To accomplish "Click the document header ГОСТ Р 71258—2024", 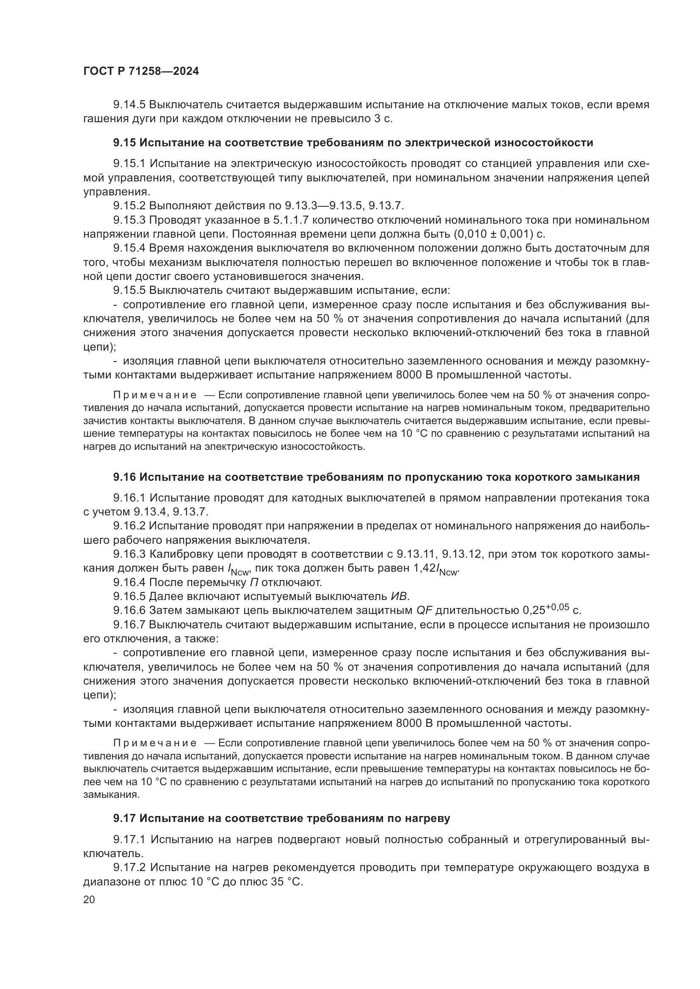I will point(141,71).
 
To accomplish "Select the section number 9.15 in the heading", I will point(124,142).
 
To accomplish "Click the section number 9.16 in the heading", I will point(124,477).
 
